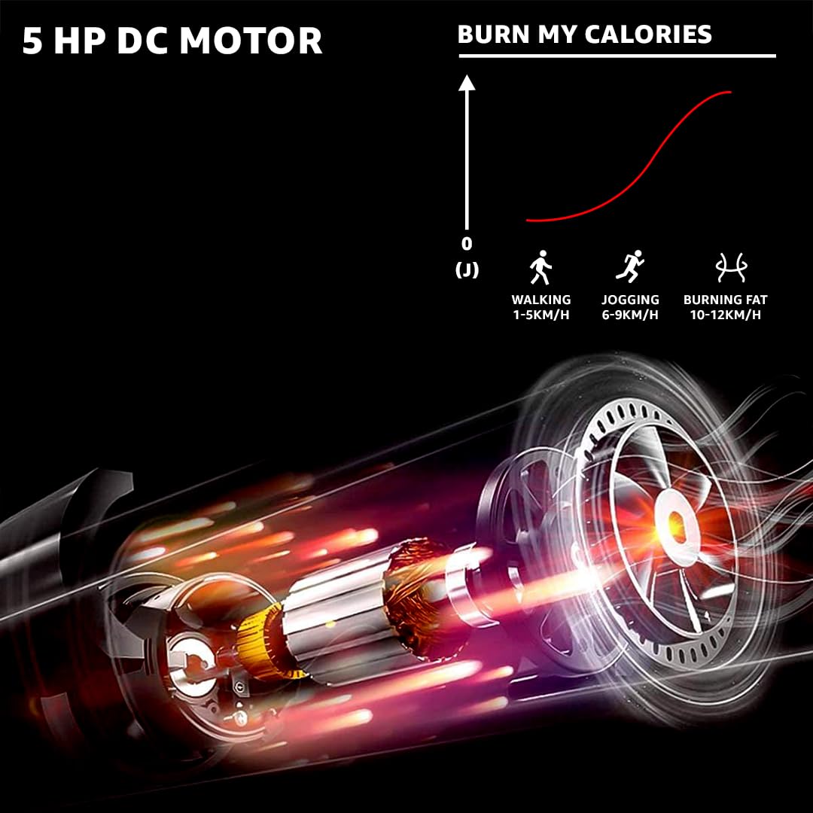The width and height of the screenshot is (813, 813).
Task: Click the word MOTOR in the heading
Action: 251,41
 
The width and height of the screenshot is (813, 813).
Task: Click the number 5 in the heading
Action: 32,41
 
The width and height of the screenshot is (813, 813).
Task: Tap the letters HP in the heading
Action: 80,41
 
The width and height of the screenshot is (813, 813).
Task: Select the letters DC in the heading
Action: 142,41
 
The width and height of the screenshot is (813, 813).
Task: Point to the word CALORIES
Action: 648,35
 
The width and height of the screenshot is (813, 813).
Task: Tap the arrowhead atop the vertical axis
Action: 467,83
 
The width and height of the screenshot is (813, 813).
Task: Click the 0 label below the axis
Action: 467,244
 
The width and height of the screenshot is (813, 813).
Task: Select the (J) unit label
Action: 467,269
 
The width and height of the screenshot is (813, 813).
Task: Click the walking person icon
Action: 540,267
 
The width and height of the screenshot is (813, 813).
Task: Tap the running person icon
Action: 630,266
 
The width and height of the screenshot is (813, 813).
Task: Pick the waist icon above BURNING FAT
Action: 730,267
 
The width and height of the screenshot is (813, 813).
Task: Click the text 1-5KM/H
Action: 541,315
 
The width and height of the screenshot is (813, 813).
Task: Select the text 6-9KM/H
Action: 630,315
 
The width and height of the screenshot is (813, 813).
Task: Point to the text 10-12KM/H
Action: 726,315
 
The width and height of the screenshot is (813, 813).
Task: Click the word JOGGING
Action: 630,300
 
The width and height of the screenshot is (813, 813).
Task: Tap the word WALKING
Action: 541,300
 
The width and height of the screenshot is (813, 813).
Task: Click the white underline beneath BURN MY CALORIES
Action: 617,56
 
